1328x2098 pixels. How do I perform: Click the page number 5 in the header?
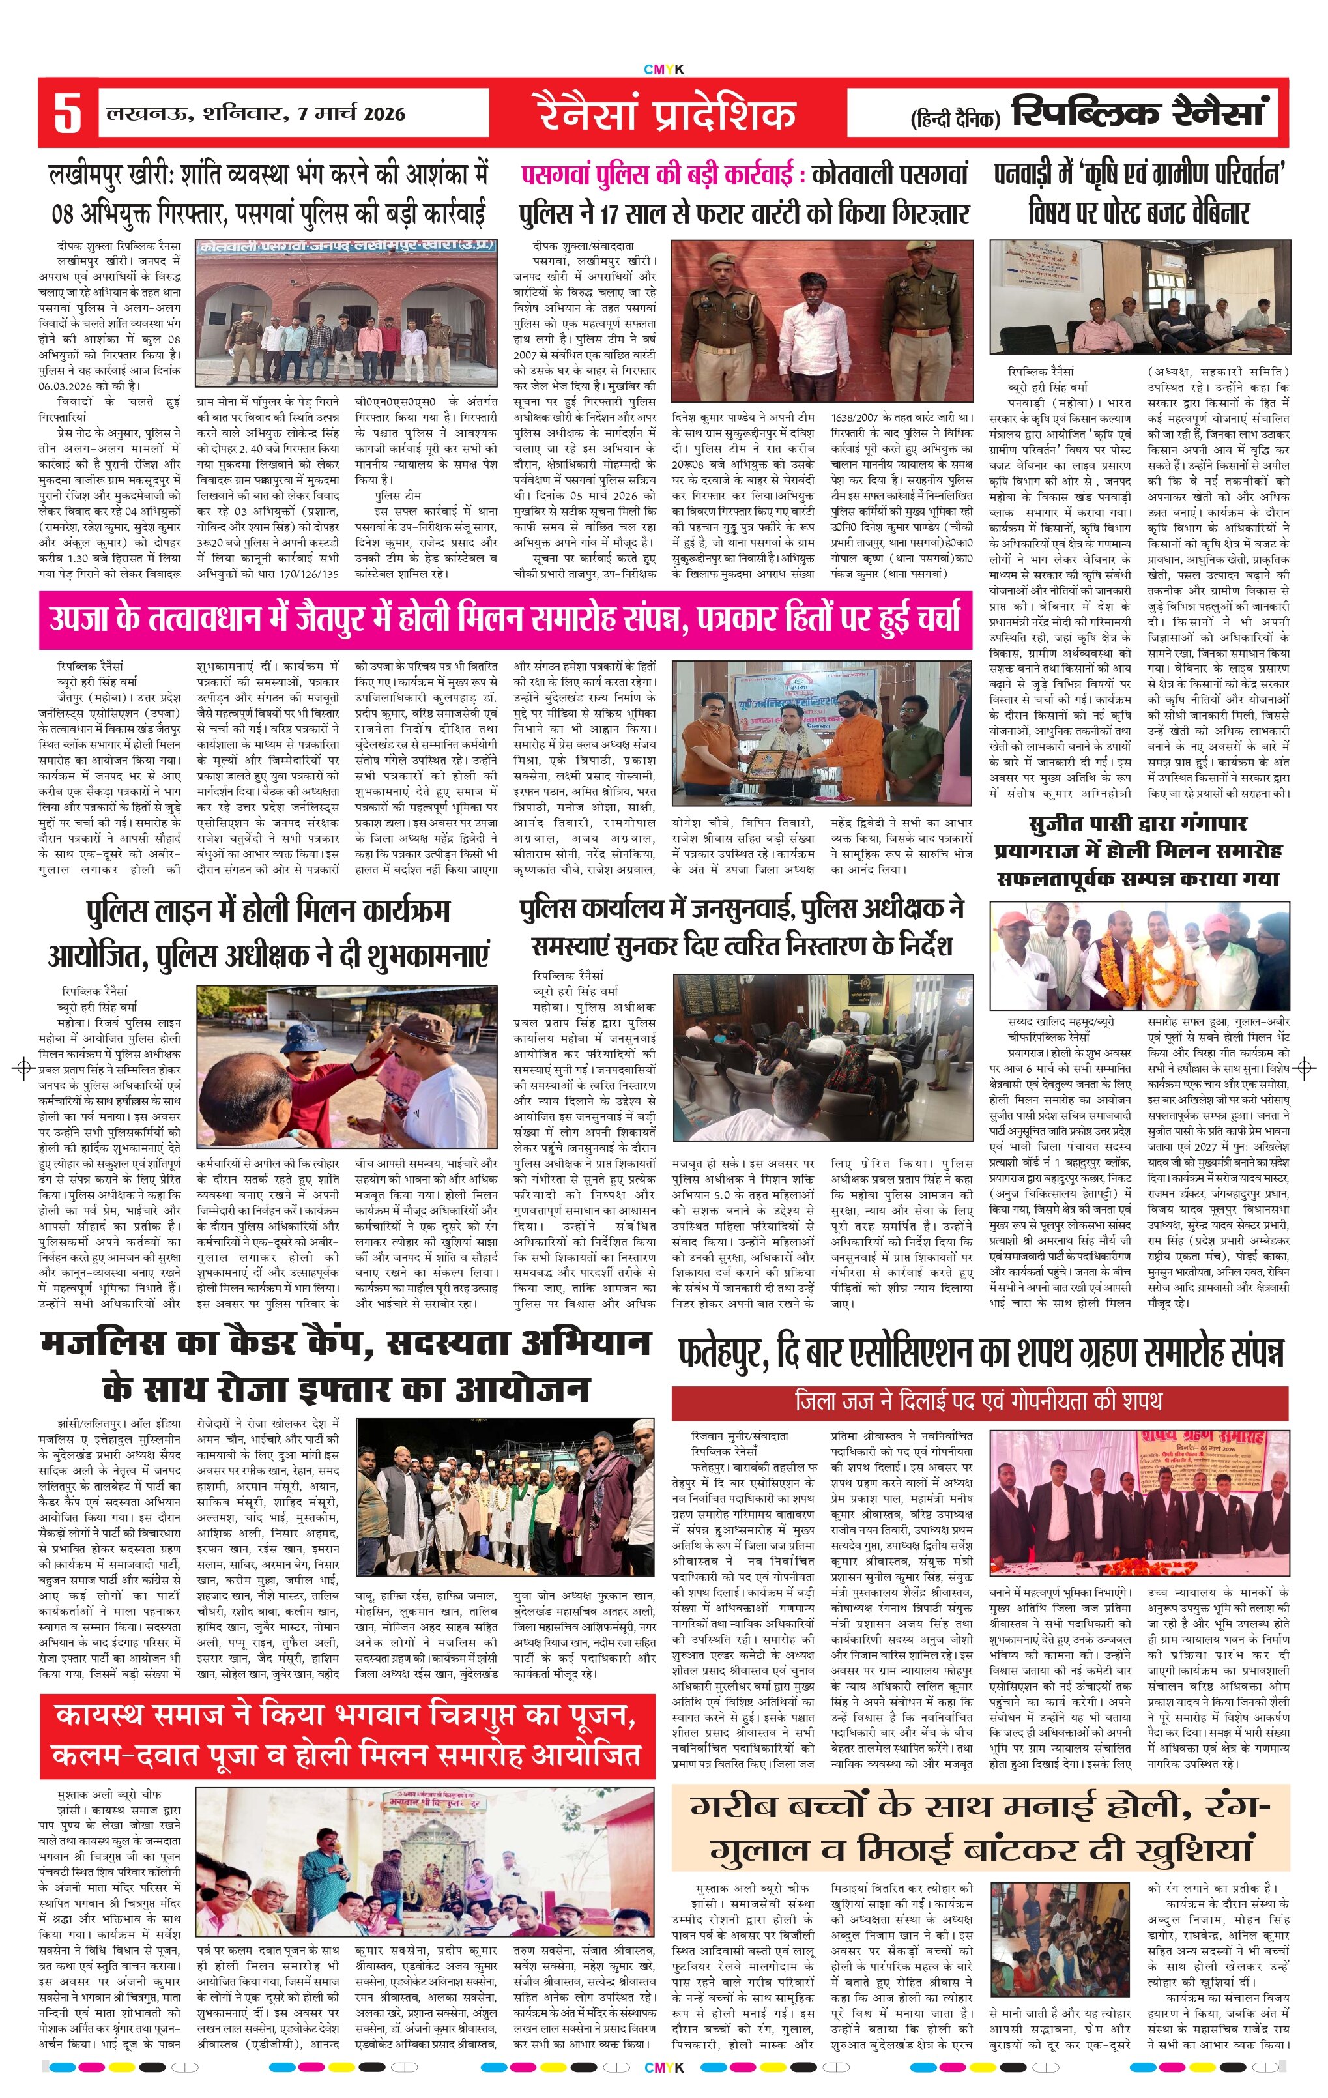pos(67,112)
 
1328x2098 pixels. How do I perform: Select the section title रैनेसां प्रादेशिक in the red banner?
pos(665,114)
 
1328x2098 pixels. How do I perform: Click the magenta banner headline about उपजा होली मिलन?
pos(505,619)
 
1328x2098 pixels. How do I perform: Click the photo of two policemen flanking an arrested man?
pos(822,321)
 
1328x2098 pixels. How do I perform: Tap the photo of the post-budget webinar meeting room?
pos(1139,297)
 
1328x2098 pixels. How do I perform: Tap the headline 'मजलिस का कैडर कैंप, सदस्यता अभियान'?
pos(347,1365)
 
